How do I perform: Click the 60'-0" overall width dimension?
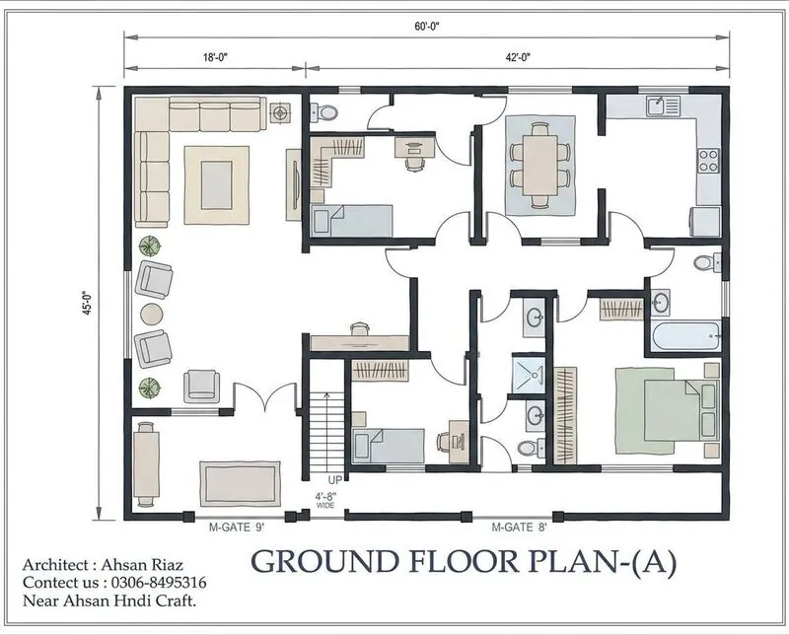point(427,27)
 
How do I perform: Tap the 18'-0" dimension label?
point(215,57)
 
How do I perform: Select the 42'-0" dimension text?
point(519,57)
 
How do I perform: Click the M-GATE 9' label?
point(237,528)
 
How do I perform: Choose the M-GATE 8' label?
point(519,528)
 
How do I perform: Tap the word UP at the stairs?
point(334,480)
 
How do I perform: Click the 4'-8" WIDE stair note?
point(325,500)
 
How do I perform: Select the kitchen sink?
point(664,106)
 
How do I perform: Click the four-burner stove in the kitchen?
point(708,161)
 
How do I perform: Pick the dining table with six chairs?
point(539,165)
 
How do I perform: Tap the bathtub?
point(685,336)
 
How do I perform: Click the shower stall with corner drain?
point(529,375)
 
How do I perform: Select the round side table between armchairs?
point(152,314)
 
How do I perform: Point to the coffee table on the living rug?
point(217,184)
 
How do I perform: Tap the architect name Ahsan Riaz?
point(142,565)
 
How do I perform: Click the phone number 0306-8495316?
point(159,583)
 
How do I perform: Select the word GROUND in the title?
point(325,561)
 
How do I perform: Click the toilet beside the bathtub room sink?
point(707,262)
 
